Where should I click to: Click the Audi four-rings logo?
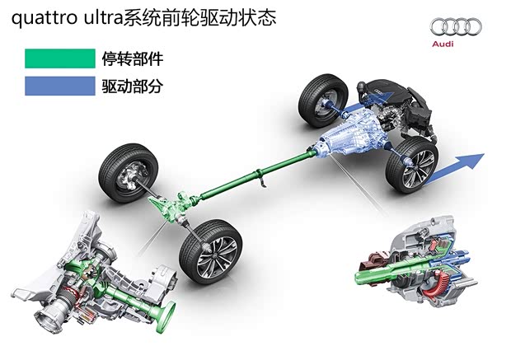[x=455, y=27]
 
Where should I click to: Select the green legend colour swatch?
[x=59, y=58]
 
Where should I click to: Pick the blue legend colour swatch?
[x=59, y=85]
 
